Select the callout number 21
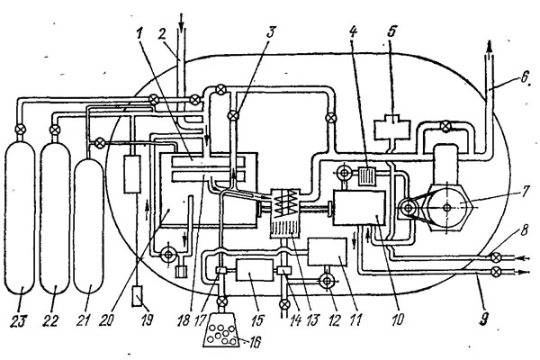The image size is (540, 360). click(x=84, y=320)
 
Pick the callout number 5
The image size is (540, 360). click(x=391, y=31)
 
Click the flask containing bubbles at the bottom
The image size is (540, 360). click(x=220, y=329)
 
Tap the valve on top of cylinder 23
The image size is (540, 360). click(x=21, y=130)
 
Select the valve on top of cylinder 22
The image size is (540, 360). click(x=54, y=130)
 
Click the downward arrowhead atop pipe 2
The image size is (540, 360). click(x=182, y=25)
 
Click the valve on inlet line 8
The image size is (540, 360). click(x=496, y=257)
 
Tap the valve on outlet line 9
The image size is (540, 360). click(x=496, y=272)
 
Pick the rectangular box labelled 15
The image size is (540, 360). click(x=255, y=270)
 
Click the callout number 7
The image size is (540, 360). click(x=524, y=193)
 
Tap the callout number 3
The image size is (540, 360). click(x=271, y=32)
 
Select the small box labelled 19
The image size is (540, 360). click(x=138, y=295)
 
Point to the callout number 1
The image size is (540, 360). click(x=139, y=34)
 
